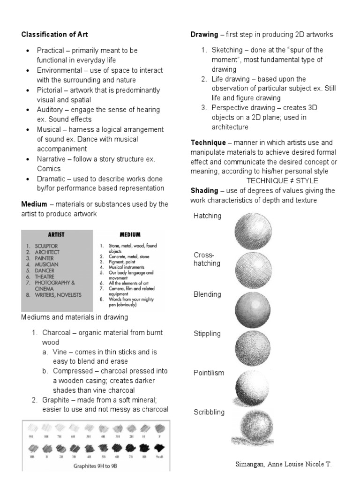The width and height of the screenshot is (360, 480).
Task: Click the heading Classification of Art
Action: [x=54, y=35]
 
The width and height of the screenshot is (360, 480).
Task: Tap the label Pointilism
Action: [x=209, y=373]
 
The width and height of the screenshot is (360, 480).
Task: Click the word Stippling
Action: [x=207, y=334]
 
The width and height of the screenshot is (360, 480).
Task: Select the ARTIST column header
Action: [x=56, y=234]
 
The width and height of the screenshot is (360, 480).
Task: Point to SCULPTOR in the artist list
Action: [x=44, y=246]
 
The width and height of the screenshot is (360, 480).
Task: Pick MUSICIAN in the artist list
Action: [x=44, y=264]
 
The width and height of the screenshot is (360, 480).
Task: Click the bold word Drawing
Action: [x=204, y=35]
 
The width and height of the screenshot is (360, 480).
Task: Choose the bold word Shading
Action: [x=204, y=190]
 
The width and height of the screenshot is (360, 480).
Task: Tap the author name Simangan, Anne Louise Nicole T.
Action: [x=283, y=465]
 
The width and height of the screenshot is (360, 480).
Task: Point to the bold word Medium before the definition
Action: [x=34, y=204]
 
